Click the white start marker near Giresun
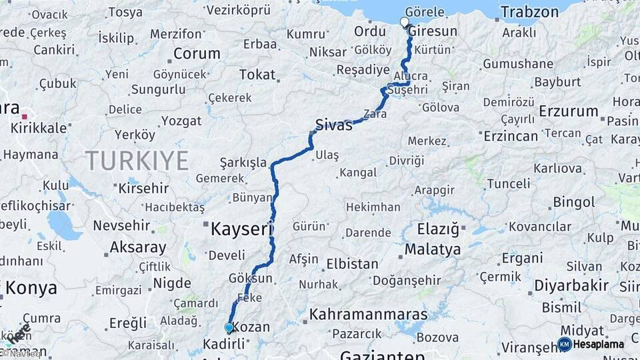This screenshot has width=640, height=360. [x=405, y=22]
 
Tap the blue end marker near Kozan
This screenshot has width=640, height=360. [x=229, y=327]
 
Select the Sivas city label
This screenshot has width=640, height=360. [x=333, y=125]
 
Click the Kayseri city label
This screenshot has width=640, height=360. [x=242, y=230]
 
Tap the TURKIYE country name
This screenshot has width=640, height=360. [x=136, y=160]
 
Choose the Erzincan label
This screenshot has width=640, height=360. [x=511, y=135]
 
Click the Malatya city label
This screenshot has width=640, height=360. [x=432, y=250]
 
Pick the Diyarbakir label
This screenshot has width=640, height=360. [x=571, y=285]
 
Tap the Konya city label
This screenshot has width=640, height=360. [x=31, y=288]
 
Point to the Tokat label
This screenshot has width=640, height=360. [x=257, y=75]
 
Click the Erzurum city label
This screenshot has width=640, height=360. [x=569, y=111]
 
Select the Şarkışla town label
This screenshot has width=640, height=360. [x=243, y=163]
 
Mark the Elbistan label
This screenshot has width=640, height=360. [x=351, y=263]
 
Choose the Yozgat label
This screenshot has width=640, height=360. [x=181, y=121]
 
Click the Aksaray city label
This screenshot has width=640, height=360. [x=137, y=247]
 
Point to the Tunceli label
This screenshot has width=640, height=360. [x=508, y=183]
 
